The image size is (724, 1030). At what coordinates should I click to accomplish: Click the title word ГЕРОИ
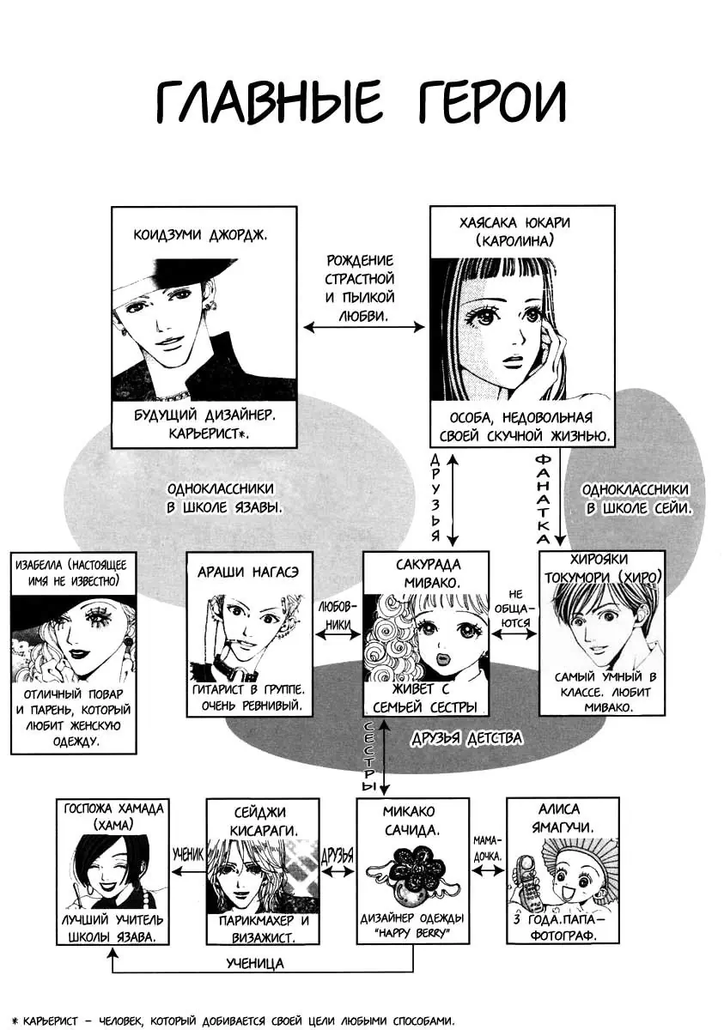[x=488, y=105]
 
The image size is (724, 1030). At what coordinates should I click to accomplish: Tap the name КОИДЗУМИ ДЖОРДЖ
[x=203, y=233]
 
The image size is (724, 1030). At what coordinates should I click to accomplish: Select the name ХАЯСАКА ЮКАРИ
[x=522, y=222]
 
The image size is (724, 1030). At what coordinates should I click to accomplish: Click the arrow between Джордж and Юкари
[x=364, y=327]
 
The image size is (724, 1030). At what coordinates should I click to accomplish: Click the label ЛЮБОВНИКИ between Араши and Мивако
[x=338, y=615]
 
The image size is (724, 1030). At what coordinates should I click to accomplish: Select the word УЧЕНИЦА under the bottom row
[x=256, y=963]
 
